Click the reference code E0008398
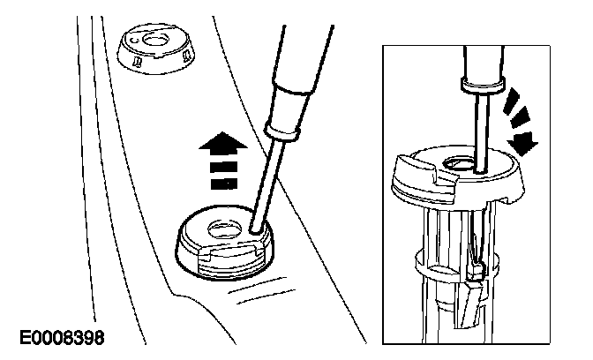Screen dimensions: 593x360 coord(62,337)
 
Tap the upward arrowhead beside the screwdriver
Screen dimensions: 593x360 coord(223,144)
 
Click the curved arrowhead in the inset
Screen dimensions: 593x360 coord(523,144)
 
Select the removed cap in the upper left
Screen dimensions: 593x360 coord(156,49)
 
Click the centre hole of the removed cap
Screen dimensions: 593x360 coord(155,39)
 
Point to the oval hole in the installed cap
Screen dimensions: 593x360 coord(224,229)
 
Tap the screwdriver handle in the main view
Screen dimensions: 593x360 coord(303,61)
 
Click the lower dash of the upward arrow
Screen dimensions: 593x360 coord(223,184)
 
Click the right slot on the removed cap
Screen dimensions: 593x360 coord(186,56)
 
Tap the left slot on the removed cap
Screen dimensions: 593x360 coord(138,61)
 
